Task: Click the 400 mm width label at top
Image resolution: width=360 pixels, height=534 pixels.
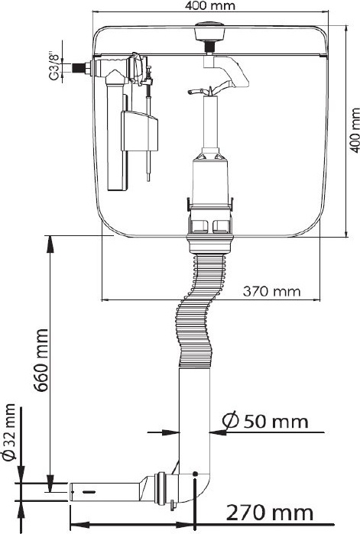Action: pos(209,5)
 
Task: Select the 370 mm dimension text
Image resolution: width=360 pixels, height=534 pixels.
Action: pos(272,292)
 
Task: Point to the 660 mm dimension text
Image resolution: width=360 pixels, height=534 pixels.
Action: pos(42,360)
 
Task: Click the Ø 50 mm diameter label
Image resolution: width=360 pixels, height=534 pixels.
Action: pos(265,421)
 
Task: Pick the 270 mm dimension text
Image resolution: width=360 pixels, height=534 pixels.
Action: pos(270,513)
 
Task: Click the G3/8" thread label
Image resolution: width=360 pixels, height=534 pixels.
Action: pos(54,66)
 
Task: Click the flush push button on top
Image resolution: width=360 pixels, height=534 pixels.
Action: pos(209,31)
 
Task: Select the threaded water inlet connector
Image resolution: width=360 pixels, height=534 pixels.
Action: pos(78,67)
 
